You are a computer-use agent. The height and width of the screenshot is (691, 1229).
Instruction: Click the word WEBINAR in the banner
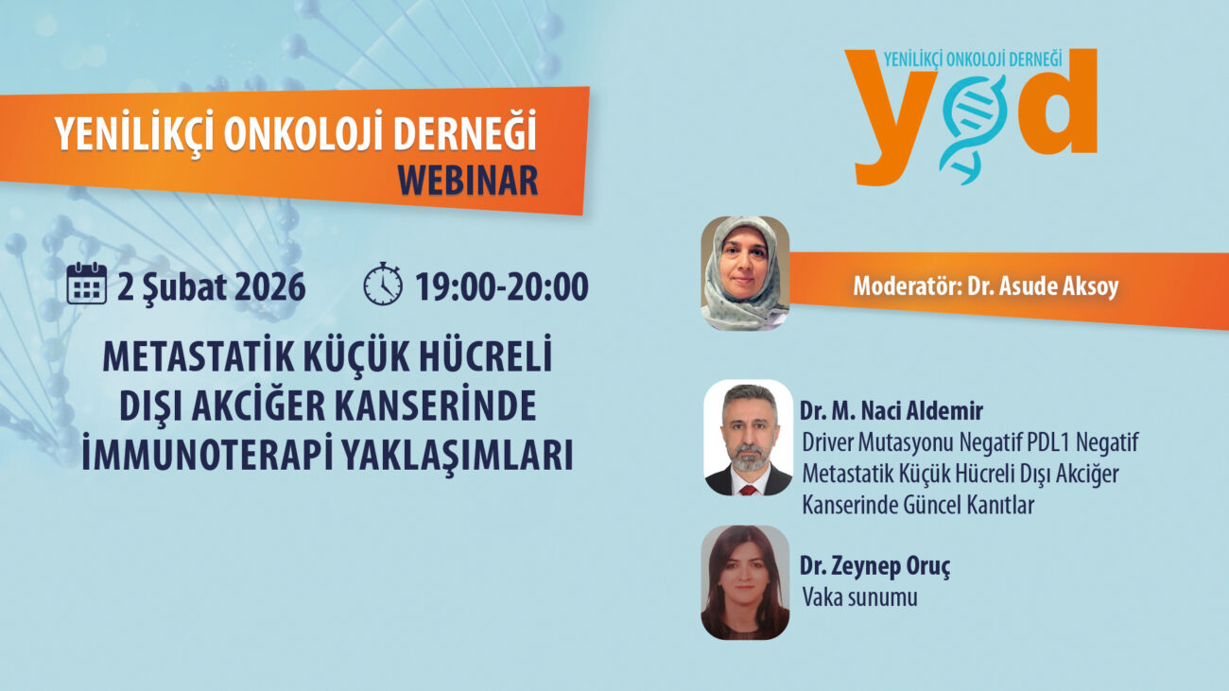point(467,181)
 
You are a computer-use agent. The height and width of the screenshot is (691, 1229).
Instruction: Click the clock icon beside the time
point(383,284)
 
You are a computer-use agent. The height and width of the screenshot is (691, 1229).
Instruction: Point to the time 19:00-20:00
point(501,286)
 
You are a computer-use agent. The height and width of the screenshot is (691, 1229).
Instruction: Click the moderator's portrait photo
point(745,273)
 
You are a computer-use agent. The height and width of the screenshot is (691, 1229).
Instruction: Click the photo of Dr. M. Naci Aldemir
point(749,438)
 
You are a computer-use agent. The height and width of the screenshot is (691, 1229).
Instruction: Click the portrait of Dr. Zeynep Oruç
point(745,582)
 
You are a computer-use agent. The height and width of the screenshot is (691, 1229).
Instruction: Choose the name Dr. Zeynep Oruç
point(874,566)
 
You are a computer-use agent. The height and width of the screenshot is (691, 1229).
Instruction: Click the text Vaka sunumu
point(859,597)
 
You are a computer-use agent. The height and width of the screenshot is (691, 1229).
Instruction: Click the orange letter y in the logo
point(890,118)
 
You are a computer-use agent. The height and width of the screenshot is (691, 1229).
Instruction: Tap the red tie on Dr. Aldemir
point(748,490)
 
